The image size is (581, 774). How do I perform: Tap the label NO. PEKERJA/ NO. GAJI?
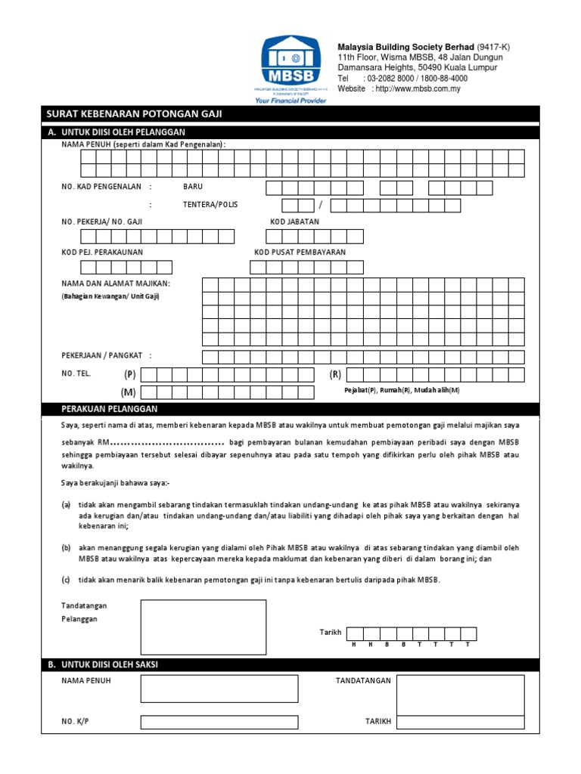(x=102, y=222)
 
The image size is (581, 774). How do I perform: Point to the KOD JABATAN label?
(x=295, y=222)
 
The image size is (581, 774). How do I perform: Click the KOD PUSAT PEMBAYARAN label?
(x=300, y=252)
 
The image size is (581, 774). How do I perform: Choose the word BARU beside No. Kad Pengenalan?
(x=193, y=186)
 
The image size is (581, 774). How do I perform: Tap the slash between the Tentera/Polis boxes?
(x=321, y=206)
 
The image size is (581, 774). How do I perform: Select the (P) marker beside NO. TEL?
(x=130, y=374)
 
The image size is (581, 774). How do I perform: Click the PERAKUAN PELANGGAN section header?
(x=110, y=409)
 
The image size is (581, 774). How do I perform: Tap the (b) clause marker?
(x=67, y=547)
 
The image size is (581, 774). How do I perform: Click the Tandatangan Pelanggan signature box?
(x=203, y=627)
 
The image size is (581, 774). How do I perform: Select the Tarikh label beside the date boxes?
(x=331, y=632)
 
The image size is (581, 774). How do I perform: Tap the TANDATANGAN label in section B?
(x=363, y=681)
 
